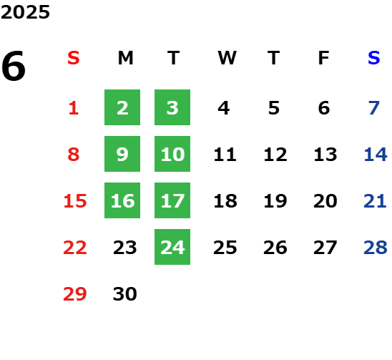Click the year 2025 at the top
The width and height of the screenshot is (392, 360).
pyautogui.click(x=25, y=12)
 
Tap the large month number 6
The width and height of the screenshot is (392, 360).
pyautogui.click(x=14, y=66)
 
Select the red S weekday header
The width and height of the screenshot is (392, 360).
pyautogui.click(x=74, y=58)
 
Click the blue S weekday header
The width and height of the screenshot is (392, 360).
pyautogui.click(x=374, y=58)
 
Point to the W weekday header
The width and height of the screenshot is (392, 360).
pyautogui.click(x=227, y=58)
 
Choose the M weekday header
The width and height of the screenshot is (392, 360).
pyautogui.click(x=125, y=58)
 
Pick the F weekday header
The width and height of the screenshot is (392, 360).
pyautogui.click(x=324, y=58)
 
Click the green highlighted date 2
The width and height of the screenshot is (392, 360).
pyautogui.click(x=122, y=107)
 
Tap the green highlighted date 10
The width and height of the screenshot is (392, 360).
pyautogui.click(x=172, y=154)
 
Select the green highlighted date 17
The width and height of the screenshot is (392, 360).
pyautogui.click(x=172, y=200)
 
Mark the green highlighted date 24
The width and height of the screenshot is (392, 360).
pyautogui.click(x=172, y=247)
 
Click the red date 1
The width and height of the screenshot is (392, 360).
pyautogui.click(x=74, y=108)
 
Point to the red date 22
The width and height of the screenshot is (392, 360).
pyautogui.click(x=75, y=248)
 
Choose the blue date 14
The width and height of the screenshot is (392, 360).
pyautogui.click(x=376, y=155)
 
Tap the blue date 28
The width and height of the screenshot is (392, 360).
pyautogui.click(x=376, y=248)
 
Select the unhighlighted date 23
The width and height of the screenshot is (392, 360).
pyautogui.click(x=125, y=248)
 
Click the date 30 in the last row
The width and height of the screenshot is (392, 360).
pyautogui.click(x=125, y=294)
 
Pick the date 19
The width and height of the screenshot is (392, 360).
pyautogui.click(x=275, y=201)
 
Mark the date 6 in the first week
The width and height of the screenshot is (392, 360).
pyautogui.click(x=324, y=108)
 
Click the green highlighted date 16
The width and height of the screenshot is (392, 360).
pyautogui.click(x=122, y=200)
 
